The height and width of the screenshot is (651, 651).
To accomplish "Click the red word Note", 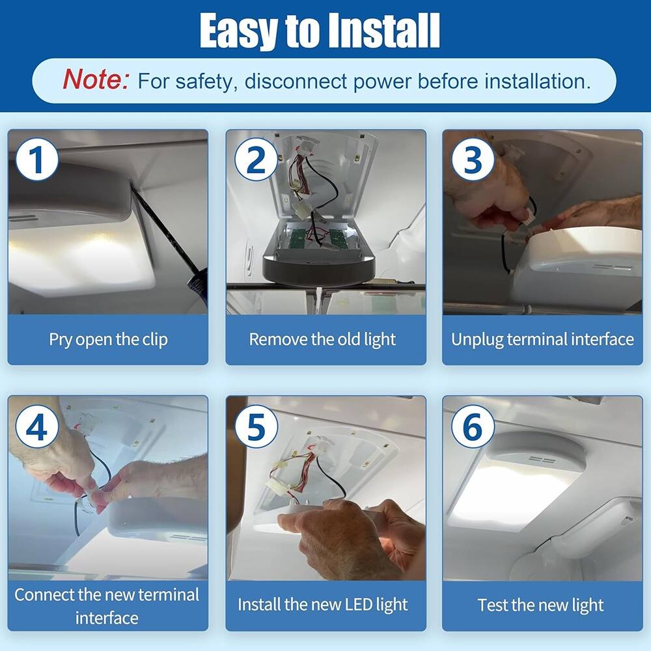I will (96, 81).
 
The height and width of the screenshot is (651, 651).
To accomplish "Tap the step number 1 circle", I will (37, 159).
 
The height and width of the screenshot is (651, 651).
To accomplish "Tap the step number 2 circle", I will (256, 159).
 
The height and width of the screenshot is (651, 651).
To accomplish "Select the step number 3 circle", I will (473, 159).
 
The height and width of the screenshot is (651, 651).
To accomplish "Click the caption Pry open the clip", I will (108, 339).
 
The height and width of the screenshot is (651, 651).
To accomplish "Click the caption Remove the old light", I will (322, 339).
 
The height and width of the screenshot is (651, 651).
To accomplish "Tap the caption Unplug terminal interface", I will (542, 339).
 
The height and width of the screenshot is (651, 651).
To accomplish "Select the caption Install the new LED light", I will (322, 604).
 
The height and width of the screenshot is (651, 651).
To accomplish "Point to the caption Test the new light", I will (540, 604).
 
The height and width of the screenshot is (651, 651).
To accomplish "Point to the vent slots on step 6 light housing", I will (542, 460).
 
